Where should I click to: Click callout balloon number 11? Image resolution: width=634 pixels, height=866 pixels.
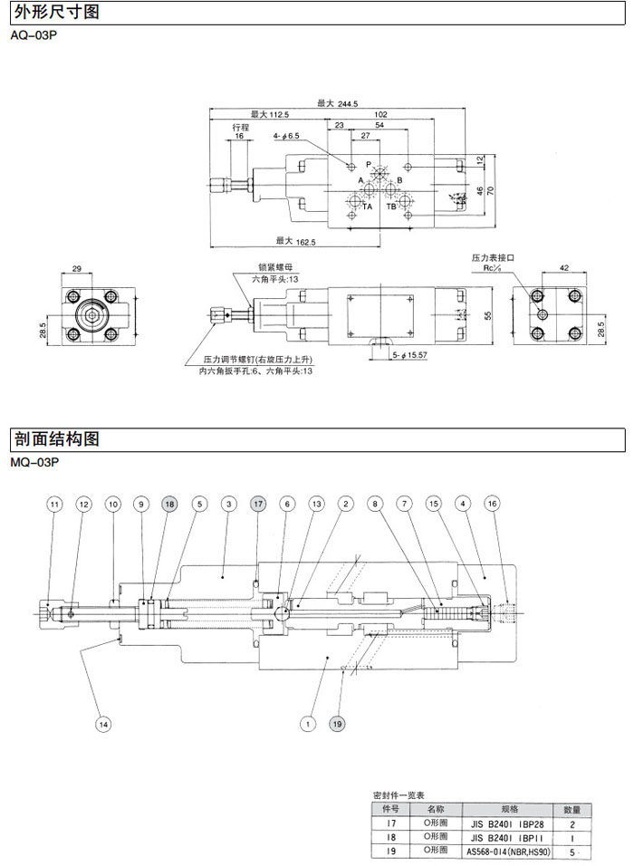click(x=54, y=503)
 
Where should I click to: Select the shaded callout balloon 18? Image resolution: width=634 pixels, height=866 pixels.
click(x=169, y=503)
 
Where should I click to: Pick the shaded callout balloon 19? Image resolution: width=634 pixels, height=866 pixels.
click(x=337, y=724)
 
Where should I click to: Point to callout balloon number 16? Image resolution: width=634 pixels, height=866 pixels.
click(x=492, y=503)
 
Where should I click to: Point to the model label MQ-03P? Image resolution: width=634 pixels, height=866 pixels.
click(x=34, y=462)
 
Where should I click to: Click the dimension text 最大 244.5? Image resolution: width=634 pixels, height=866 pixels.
click(x=338, y=102)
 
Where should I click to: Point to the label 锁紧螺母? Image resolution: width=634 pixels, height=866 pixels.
click(x=274, y=268)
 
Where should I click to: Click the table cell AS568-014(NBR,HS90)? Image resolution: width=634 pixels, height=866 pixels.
click(x=507, y=852)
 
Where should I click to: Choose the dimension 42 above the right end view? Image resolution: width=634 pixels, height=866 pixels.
click(x=563, y=268)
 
